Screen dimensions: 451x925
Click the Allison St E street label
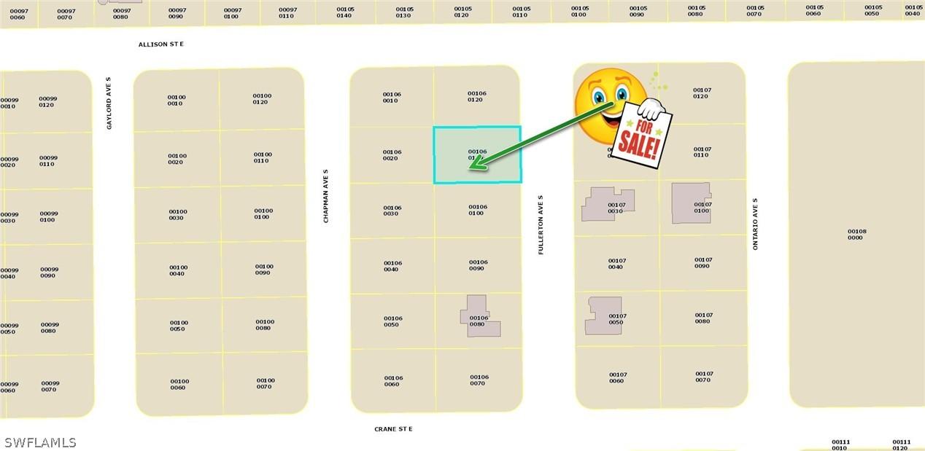click(x=161, y=44)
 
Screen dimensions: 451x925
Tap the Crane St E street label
click(x=393, y=429)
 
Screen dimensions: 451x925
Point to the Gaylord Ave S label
click(x=109, y=103)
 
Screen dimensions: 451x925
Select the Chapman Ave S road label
click(x=326, y=196)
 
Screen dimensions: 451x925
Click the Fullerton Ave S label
click(x=541, y=224)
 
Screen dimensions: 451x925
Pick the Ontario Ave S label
click(x=756, y=224)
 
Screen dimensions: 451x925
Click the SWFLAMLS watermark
click(x=40, y=442)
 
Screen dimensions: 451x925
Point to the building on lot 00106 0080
click(x=480, y=318)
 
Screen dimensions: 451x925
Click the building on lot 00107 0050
click(x=603, y=315)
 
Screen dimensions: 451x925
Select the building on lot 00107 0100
click(x=690, y=203)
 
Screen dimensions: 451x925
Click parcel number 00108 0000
click(x=856, y=235)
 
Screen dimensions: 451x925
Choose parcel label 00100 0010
click(x=176, y=100)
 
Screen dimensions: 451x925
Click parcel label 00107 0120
click(x=702, y=93)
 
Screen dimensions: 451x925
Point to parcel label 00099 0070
click(x=50, y=386)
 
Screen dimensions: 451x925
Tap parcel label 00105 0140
click(x=345, y=12)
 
